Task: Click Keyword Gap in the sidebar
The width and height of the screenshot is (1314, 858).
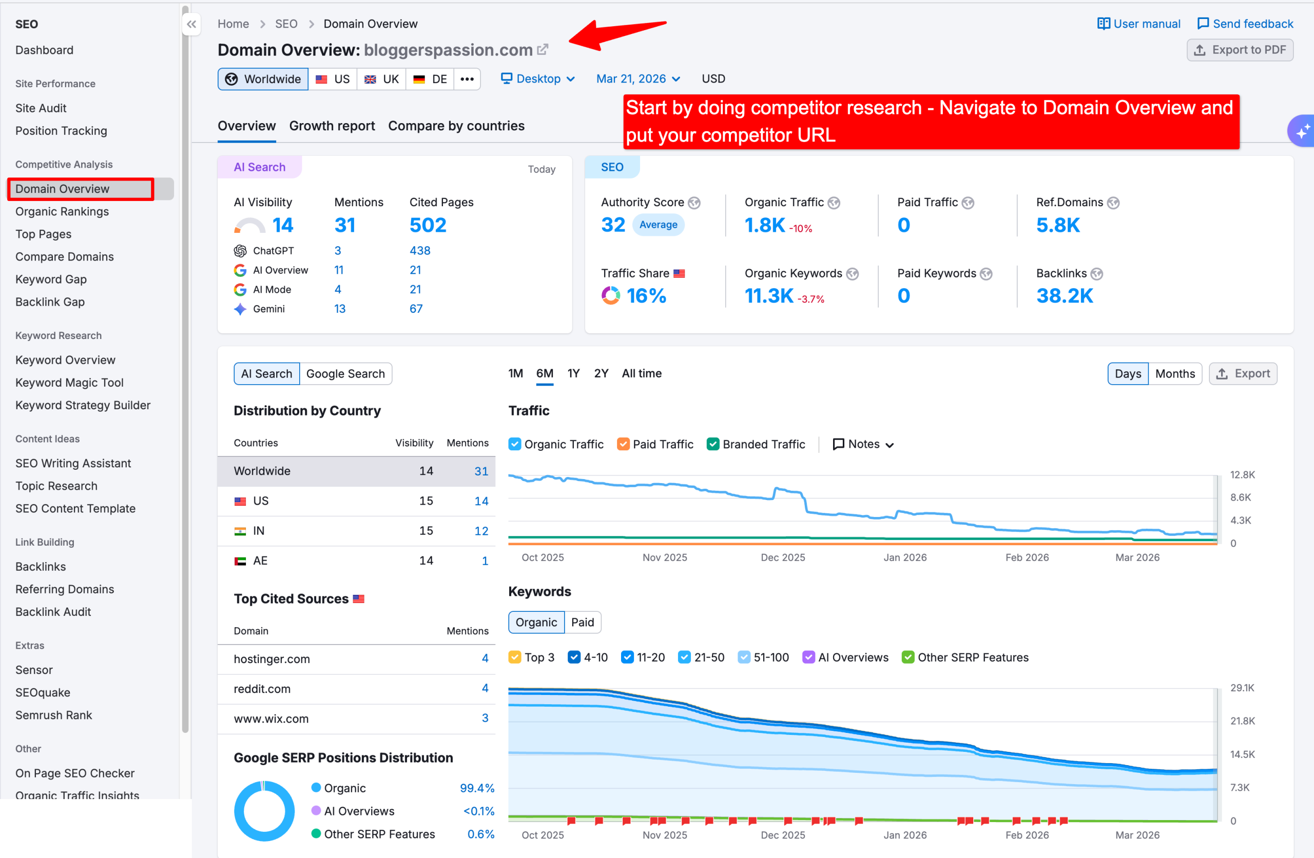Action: pyautogui.click(x=51, y=279)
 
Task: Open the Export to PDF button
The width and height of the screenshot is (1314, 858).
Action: pyautogui.click(x=1240, y=50)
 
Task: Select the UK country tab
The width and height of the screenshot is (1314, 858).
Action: pyautogui.click(x=381, y=79)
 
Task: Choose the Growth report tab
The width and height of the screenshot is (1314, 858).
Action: pyautogui.click(x=332, y=126)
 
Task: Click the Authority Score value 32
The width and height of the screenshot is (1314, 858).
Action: pyautogui.click(x=613, y=225)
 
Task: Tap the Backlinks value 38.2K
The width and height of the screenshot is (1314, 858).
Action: pyautogui.click(x=1064, y=296)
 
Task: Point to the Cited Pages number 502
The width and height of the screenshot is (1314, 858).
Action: pyautogui.click(x=428, y=225)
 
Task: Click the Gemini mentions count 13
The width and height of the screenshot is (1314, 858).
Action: pyautogui.click(x=340, y=309)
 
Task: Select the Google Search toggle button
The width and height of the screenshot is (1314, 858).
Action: pyautogui.click(x=345, y=373)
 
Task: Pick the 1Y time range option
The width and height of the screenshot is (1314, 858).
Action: pyautogui.click(x=573, y=373)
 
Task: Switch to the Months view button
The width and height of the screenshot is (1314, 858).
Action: pyautogui.click(x=1174, y=373)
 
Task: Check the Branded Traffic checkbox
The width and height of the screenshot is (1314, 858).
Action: pyautogui.click(x=713, y=444)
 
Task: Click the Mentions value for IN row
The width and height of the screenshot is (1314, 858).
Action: pyautogui.click(x=481, y=531)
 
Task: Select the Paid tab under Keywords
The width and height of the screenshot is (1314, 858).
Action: pyautogui.click(x=582, y=623)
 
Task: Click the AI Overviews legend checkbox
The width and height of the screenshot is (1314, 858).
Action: pyautogui.click(x=808, y=657)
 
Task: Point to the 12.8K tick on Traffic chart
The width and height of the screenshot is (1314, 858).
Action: pyautogui.click(x=1242, y=474)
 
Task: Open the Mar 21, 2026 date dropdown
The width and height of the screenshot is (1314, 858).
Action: pyautogui.click(x=637, y=79)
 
